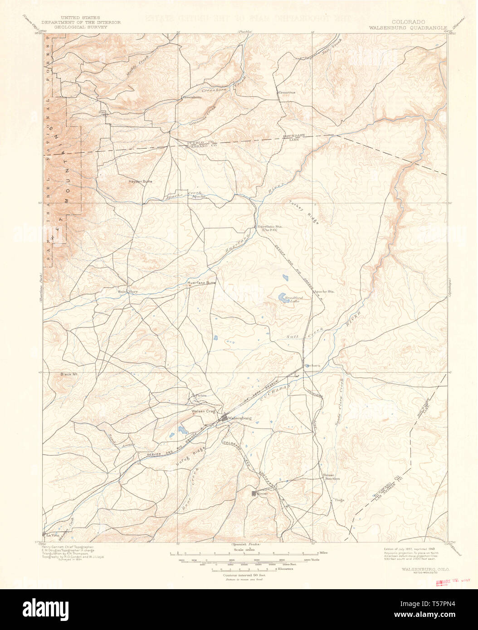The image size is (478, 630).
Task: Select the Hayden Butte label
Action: (x=141, y=181)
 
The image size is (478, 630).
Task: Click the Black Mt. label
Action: (x=69, y=374)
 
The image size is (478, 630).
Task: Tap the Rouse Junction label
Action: (x=331, y=476)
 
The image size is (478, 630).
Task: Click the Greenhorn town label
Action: (x=191, y=97)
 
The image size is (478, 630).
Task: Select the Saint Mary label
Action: (x=127, y=291)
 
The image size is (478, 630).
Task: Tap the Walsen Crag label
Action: (x=202, y=411)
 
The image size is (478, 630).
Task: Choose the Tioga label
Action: (x=339, y=500)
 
